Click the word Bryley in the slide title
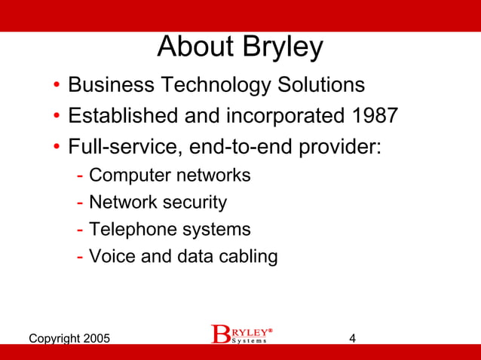[283, 48]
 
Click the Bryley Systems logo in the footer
[240, 334]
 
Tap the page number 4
[353, 338]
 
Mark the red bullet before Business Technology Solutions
[57, 85]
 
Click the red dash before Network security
[80, 203]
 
